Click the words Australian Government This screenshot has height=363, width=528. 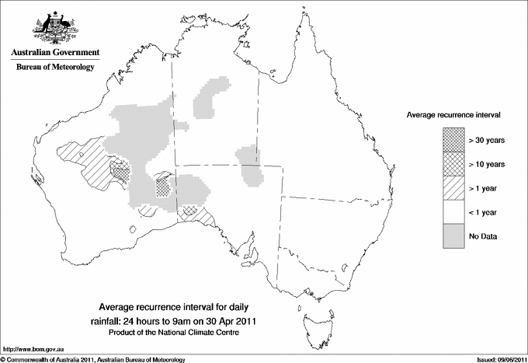pos(55,53)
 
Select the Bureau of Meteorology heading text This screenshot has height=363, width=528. pos(55,68)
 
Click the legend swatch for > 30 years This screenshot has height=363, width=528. pos(454,140)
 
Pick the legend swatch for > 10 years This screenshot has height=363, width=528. pos(454,164)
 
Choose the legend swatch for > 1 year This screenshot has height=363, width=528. pos(454,188)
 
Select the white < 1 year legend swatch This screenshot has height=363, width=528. pos(454,212)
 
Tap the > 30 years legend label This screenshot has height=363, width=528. pos(487,140)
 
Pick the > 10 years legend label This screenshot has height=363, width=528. pos(487,164)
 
